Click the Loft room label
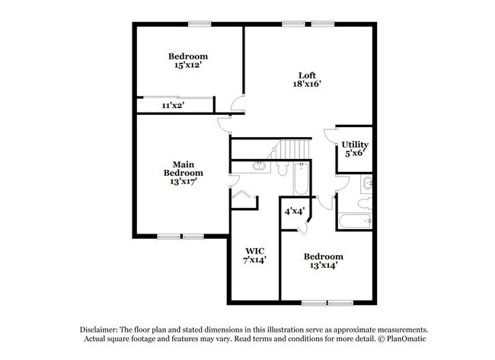tap(306, 75)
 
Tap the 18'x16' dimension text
tap(306, 84)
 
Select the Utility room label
tap(355, 145)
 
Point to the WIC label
tap(254, 251)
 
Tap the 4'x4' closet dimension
tap(295, 211)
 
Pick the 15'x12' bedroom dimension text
tap(187, 65)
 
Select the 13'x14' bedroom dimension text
tap(323, 266)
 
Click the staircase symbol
tap(292, 148)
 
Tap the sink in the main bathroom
tap(259, 165)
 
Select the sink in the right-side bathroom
tap(367, 183)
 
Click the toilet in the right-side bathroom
tap(366, 203)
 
